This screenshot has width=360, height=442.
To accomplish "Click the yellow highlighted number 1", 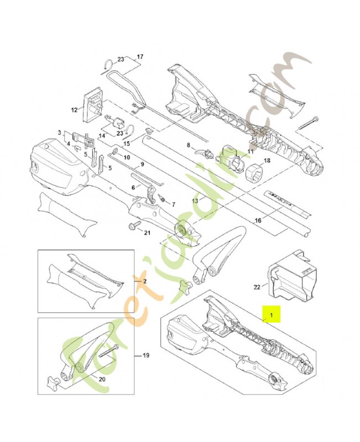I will click(x=271, y=314).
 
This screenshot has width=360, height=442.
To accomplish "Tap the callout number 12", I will click(x=73, y=110).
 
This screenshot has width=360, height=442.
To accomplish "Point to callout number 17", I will click(x=139, y=57).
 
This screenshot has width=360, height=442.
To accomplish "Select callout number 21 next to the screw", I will click(x=146, y=233).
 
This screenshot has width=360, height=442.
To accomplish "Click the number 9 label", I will click(x=142, y=164).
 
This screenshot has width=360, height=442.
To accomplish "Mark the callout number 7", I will click(x=173, y=204).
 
